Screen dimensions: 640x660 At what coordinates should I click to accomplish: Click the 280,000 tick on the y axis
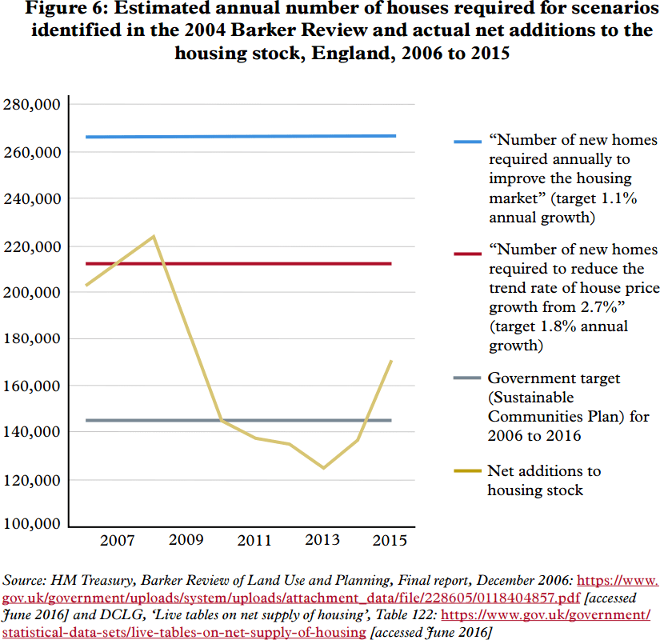coord(32,105)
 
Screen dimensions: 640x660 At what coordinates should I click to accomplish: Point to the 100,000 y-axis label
coord(32,524)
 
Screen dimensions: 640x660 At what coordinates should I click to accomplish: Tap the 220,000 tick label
coord(32,246)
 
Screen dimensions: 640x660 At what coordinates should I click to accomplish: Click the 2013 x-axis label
coord(322,541)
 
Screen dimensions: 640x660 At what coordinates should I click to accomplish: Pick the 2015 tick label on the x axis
coord(391,541)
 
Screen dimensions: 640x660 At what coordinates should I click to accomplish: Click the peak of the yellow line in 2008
coord(154,236)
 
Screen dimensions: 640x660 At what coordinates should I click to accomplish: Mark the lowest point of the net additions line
coord(323,467)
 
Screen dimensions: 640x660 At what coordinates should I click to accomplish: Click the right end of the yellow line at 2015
coord(391,360)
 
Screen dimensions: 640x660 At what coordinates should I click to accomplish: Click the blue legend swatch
coord(466,142)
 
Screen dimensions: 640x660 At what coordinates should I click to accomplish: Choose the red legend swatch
coord(466,254)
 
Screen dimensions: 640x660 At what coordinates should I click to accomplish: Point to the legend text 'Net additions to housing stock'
coord(543,480)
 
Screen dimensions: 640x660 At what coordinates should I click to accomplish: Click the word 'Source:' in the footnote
coord(26,580)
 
